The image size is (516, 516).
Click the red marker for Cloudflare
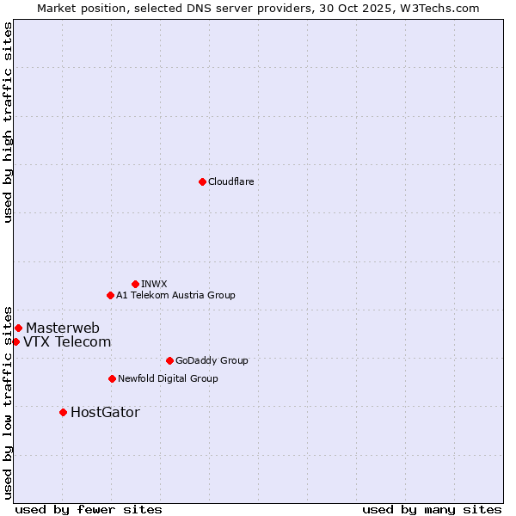(202, 181)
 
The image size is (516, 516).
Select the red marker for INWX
(135, 284)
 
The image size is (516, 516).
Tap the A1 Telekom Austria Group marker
(110, 295)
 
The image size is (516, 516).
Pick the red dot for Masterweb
(18, 328)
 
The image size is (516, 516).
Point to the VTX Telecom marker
(15, 341)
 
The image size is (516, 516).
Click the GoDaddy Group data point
(169, 360)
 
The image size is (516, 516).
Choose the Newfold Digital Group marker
(112, 378)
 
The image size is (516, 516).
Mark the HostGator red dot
(63, 412)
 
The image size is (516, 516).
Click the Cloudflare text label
(231, 181)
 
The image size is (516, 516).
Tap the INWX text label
(155, 284)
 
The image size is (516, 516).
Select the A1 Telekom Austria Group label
(175, 295)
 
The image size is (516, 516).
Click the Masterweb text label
(63, 328)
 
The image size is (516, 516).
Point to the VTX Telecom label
(67, 341)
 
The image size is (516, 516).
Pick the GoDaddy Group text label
(212, 360)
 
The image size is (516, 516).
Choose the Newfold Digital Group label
(168, 378)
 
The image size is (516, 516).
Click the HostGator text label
(105, 412)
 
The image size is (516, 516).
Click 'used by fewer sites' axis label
(89, 509)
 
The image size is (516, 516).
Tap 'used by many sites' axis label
(432, 509)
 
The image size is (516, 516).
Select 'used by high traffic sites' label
(8, 122)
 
